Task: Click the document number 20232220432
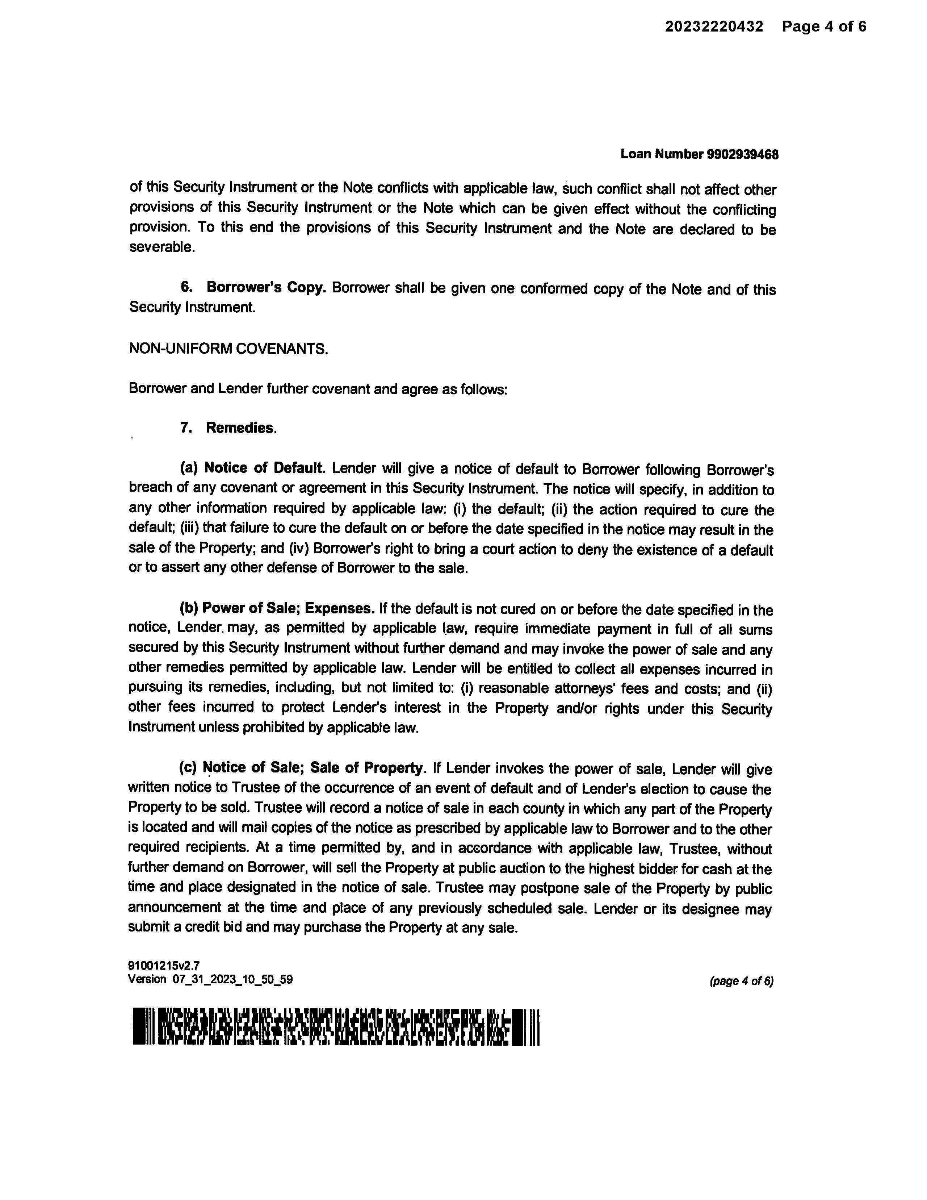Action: (714, 26)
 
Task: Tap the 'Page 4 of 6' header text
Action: (824, 26)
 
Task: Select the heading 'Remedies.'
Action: (241, 428)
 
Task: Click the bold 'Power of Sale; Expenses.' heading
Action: (288, 609)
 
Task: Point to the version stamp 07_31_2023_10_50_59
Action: (232, 979)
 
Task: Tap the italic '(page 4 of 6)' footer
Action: (741, 981)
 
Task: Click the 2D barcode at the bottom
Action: (336, 1026)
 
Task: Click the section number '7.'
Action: (186, 428)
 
